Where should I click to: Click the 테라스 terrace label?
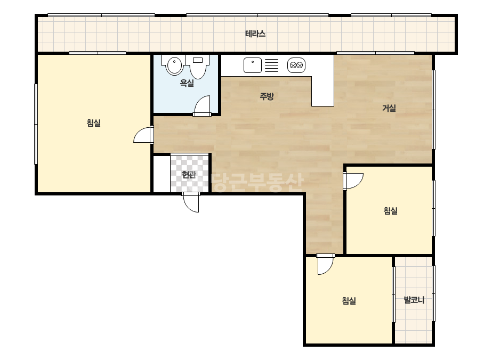(255, 34)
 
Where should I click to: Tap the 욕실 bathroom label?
(187, 83)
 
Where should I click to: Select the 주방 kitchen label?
(267, 96)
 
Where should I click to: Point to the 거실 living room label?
(389, 108)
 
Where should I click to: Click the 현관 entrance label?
(189, 174)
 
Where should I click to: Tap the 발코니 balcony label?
(414, 300)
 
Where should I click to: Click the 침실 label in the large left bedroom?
(93, 122)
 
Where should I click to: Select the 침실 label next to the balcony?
(349, 301)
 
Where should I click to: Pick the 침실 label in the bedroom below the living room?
(391, 210)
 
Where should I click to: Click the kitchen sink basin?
(253, 65)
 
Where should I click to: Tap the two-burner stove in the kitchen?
(296, 65)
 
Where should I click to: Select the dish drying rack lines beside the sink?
(271, 66)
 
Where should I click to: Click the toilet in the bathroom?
(198, 67)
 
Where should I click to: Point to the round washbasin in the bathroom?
(174, 65)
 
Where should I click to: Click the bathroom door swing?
(202, 106)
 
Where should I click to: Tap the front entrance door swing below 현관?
(191, 202)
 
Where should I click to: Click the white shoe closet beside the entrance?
(162, 174)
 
